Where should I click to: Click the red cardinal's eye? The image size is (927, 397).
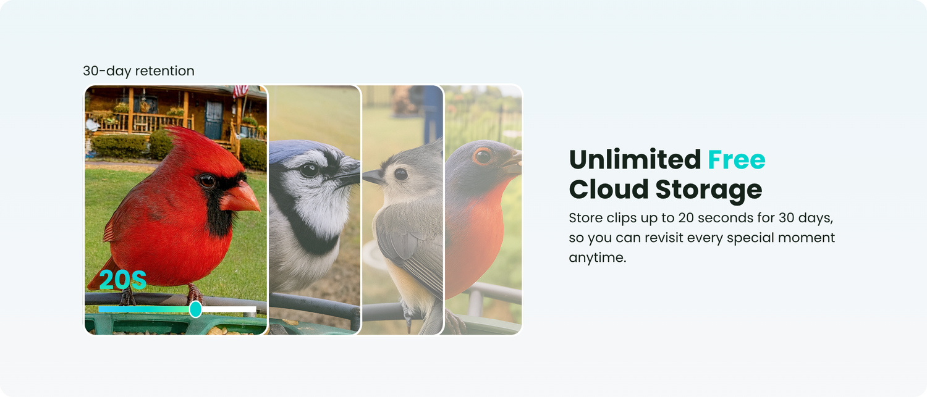pyautogui.click(x=206, y=181)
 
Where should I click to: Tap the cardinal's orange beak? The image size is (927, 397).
pyautogui.click(x=240, y=198)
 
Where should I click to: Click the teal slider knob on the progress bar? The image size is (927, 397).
pyautogui.click(x=195, y=309)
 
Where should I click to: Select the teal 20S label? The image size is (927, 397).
pyautogui.click(x=122, y=280)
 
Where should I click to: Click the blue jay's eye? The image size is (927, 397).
pyautogui.click(x=309, y=170)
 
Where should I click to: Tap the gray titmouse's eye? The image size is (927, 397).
pyautogui.click(x=400, y=173)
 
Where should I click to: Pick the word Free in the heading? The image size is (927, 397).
pyautogui.click(x=737, y=160)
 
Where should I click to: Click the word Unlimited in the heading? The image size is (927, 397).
pyautogui.click(x=635, y=160)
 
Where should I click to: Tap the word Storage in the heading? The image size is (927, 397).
pyautogui.click(x=708, y=190)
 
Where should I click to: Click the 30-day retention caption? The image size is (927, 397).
pyautogui.click(x=138, y=71)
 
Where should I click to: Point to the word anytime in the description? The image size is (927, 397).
pyautogui.click(x=598, y=257)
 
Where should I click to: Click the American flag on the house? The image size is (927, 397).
pyautogui.click(x=240, y=91)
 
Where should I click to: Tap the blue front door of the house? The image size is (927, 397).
pyautogui.click(x=214, y=119)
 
